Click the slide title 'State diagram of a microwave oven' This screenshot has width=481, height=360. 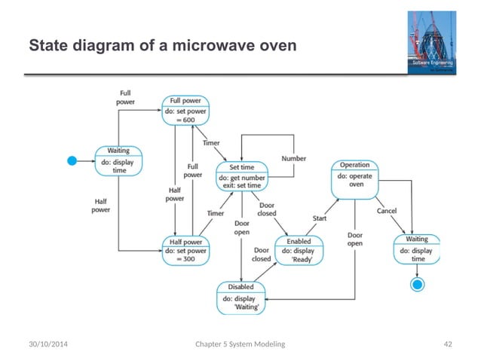[162, 47]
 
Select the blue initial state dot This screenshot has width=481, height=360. [73, 160]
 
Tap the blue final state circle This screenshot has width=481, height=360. [416, 284]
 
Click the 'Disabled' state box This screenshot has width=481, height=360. [240, 296]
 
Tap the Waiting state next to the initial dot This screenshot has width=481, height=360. [118, 160]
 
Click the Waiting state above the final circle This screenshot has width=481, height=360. [416, 249]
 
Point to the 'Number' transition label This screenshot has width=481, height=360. [293, 159]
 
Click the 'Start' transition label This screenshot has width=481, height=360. [320, 218]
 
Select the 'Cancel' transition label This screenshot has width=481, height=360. [385, 210]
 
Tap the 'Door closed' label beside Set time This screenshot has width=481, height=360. [266, 209]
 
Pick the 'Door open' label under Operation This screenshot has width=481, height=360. [354, 239]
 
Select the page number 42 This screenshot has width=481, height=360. [448, 343]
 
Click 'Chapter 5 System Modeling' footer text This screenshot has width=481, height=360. [240, 343]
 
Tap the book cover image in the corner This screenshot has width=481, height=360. [433, 43]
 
